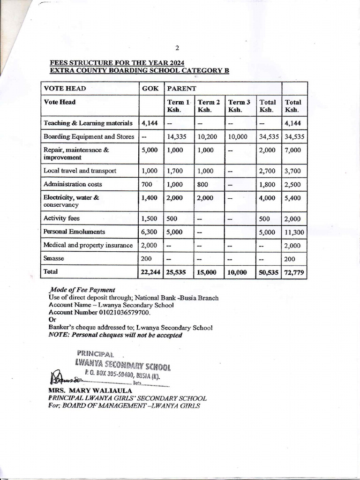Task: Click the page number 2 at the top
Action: click(177, 48)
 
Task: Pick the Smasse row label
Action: click(53, 258)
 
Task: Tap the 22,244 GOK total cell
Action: click(151, 271)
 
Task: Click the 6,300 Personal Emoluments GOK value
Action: click(149, 232)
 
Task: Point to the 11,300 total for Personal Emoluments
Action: click(294, 232)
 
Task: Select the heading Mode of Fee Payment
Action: click(82, 290)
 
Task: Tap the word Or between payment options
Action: click(52, 320)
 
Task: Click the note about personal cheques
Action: click(115, 335)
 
